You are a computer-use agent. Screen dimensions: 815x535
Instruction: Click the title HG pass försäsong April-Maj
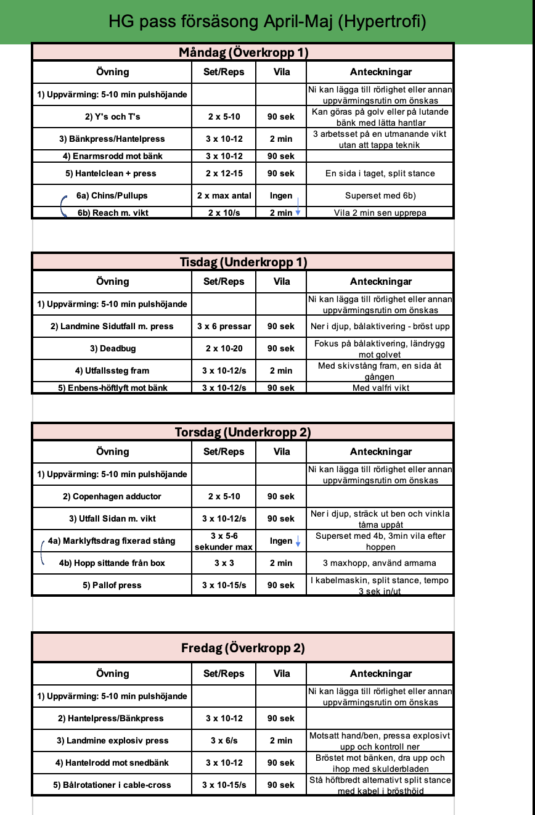267,22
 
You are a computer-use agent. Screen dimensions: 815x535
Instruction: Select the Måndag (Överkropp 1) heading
243,52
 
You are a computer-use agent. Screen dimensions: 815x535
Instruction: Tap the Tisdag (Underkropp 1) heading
243,262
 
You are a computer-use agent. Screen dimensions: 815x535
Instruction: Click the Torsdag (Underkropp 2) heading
243,432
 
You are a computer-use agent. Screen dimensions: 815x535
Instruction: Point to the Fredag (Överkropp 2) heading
243,648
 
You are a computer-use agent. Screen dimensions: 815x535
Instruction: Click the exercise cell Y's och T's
113,117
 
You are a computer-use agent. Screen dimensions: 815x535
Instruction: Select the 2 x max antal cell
224,195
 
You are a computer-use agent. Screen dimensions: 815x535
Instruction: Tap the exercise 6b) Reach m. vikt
113,213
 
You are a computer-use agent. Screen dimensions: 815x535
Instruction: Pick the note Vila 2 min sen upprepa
380,213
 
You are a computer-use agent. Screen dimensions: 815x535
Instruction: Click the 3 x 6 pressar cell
224,326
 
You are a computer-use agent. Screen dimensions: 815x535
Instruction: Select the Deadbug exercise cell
113,348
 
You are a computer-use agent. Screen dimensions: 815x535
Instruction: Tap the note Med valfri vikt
380,388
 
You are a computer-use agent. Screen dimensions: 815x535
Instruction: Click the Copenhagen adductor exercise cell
113,496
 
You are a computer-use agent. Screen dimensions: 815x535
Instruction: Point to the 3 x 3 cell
224,563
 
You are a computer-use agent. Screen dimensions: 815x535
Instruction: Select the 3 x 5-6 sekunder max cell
224,541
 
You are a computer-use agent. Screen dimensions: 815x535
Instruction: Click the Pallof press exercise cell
113,585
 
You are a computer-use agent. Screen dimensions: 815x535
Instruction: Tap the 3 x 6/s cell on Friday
224,740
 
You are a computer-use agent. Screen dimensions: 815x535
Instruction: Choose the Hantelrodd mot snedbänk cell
113,763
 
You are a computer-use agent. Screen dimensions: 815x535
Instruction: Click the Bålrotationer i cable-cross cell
113,785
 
